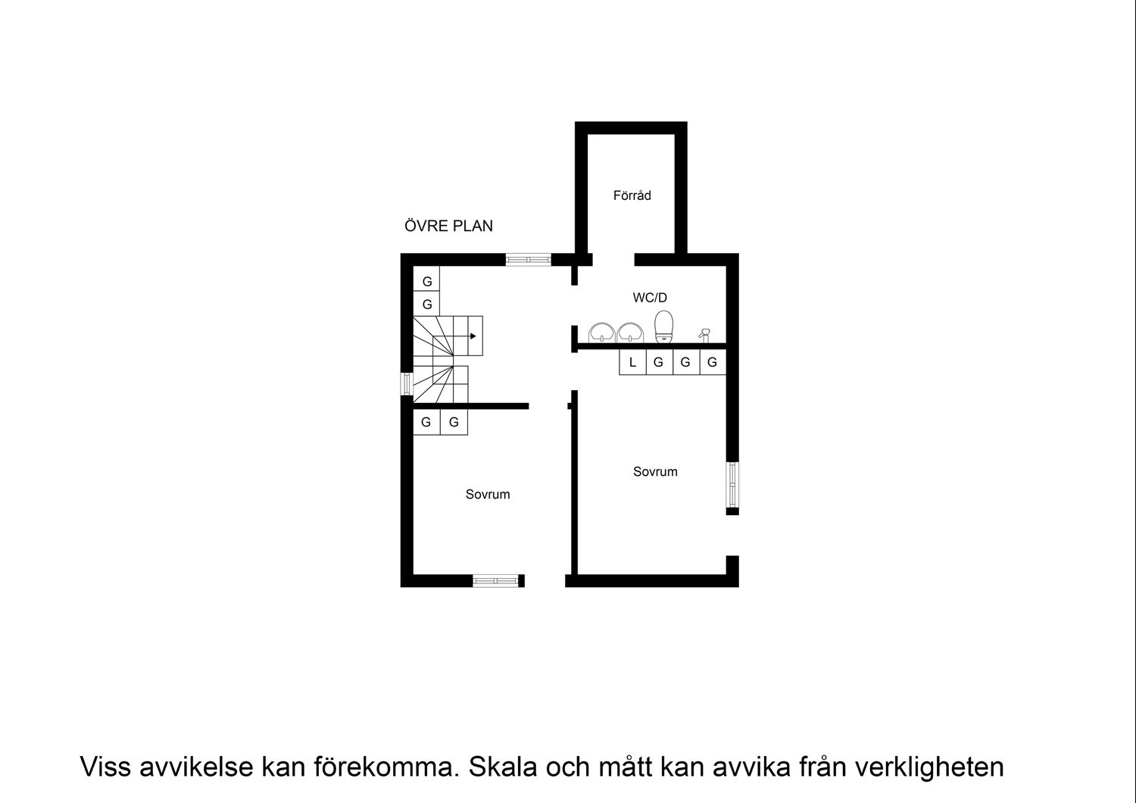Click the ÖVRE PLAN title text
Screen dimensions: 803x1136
(448, 226)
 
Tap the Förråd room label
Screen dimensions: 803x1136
(632, 195)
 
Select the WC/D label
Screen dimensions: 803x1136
(650, 298)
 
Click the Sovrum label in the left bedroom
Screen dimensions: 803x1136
(488, 494)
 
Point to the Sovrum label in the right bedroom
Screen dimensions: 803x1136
(655, 471)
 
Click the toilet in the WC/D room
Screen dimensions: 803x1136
(664, 327)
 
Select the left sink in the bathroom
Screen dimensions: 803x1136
(602, 332)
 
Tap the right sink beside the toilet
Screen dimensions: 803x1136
(629, 332)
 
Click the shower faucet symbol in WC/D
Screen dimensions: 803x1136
(704, 335)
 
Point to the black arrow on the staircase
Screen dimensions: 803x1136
(473, 336)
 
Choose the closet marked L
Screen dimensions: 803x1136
(632, 363)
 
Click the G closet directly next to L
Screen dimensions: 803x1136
(658, 363)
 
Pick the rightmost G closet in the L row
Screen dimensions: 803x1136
(712, 363)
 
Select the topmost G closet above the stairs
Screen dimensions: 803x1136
(427, 281)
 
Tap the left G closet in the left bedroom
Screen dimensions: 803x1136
(426, 422)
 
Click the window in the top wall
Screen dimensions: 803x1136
(529, 260)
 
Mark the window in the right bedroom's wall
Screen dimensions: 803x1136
(732, 484)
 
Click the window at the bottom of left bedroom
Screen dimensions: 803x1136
(495, 581)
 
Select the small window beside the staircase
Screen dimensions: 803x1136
(407, 383)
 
